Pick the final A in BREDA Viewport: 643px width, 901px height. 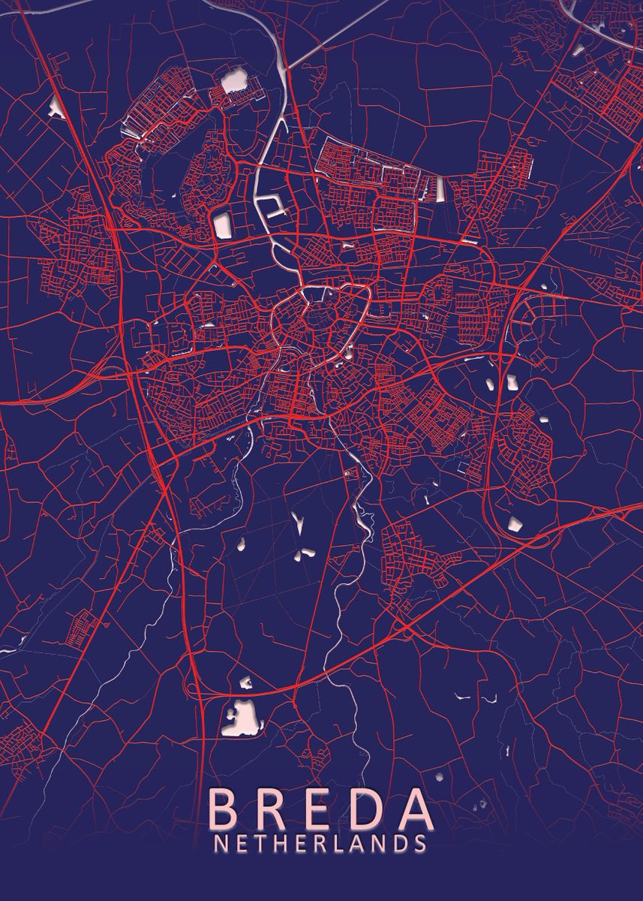coord(413,809)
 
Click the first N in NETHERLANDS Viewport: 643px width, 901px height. coord(221,844)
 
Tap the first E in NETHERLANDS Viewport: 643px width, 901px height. coord(240,844)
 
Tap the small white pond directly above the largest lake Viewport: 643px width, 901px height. coord(246,683)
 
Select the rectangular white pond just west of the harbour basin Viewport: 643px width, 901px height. coord(223,224)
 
